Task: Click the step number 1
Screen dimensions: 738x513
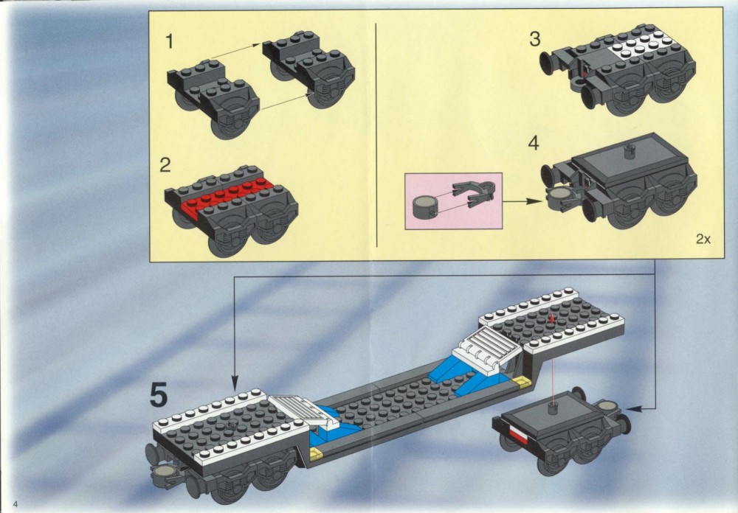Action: (x=170, y=41)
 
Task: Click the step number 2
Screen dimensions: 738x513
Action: (x=165, y=165)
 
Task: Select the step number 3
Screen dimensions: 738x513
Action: (x=534, y=38)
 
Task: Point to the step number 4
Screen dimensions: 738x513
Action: (x=534, y=143)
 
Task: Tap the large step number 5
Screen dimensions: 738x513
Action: (x=159, y=395)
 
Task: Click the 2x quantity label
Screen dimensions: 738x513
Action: (x=703, y=239)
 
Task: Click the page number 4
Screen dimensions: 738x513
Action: (x=15, y=505)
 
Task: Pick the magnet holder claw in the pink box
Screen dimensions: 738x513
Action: (x=473, y=194)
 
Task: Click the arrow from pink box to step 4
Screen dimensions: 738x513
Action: (x=523, y=201)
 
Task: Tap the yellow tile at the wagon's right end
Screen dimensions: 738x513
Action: (x=523, y=381)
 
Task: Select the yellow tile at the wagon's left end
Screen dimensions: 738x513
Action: (x=316, y=453)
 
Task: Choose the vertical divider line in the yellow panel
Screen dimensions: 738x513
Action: (x=376, y=135)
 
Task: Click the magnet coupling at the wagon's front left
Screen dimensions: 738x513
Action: (x=164, y=472)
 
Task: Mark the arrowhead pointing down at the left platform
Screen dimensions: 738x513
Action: (x=235, y=383)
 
